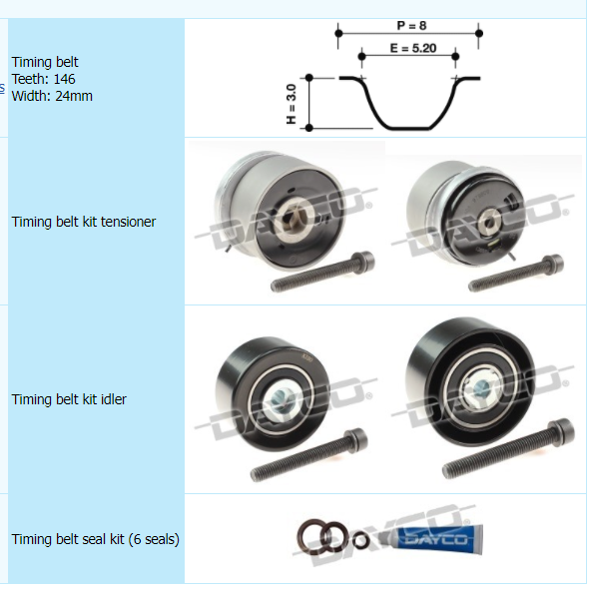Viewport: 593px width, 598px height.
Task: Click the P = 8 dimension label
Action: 411,26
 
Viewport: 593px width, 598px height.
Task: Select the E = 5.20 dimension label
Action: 413,48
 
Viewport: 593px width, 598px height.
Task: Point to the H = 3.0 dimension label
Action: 291,104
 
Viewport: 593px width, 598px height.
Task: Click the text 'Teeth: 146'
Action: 44,79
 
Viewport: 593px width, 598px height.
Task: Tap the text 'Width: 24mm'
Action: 52,96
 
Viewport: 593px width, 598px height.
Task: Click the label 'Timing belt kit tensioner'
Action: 84,222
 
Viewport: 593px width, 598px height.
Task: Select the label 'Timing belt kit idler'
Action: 69,399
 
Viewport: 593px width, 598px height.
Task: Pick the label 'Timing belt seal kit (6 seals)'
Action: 95,539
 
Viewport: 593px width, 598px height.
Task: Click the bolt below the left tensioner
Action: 322,272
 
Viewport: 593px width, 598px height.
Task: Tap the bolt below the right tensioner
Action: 516,274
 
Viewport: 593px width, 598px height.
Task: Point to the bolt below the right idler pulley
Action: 509,448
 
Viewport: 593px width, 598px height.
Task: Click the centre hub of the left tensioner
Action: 295,221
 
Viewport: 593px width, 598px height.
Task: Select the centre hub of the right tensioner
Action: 489,222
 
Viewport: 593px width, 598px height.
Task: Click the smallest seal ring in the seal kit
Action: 360,540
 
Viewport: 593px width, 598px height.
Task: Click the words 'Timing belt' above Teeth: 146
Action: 45,62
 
